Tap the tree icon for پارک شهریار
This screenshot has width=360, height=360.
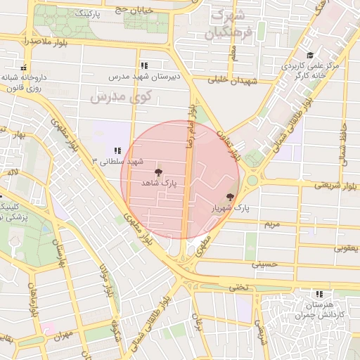230,198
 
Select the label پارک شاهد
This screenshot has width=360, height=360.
158,183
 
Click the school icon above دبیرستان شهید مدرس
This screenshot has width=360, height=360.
144,65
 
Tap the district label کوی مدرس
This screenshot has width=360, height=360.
117,96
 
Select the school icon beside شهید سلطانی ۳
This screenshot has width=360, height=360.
117,150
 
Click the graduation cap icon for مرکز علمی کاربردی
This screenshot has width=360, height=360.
308,56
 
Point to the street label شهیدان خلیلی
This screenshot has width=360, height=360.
239,80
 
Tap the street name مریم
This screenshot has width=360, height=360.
271,224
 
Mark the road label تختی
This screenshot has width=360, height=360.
241,287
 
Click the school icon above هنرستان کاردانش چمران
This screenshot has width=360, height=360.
319,294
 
